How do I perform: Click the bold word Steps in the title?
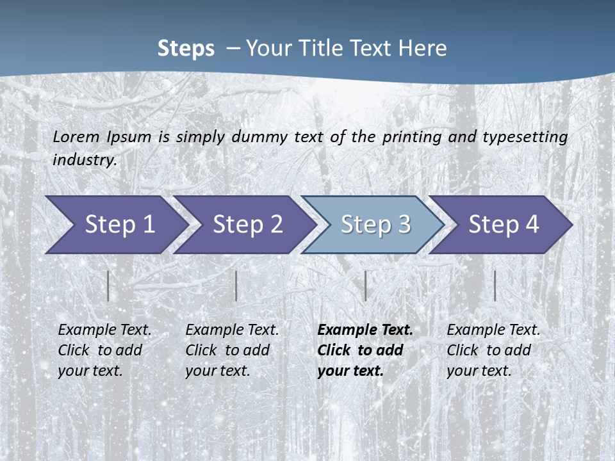186,49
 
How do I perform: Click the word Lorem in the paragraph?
76,136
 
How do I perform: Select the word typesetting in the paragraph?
525,137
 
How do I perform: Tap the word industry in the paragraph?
84,160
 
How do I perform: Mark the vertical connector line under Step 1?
108,286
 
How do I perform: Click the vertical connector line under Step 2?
236,286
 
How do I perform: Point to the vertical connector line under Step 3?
365,286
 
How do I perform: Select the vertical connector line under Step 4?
495,286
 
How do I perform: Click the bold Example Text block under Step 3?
365,350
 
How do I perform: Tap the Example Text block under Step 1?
104,350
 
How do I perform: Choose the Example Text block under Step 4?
493,350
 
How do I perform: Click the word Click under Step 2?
202,350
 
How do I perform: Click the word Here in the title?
422,49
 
